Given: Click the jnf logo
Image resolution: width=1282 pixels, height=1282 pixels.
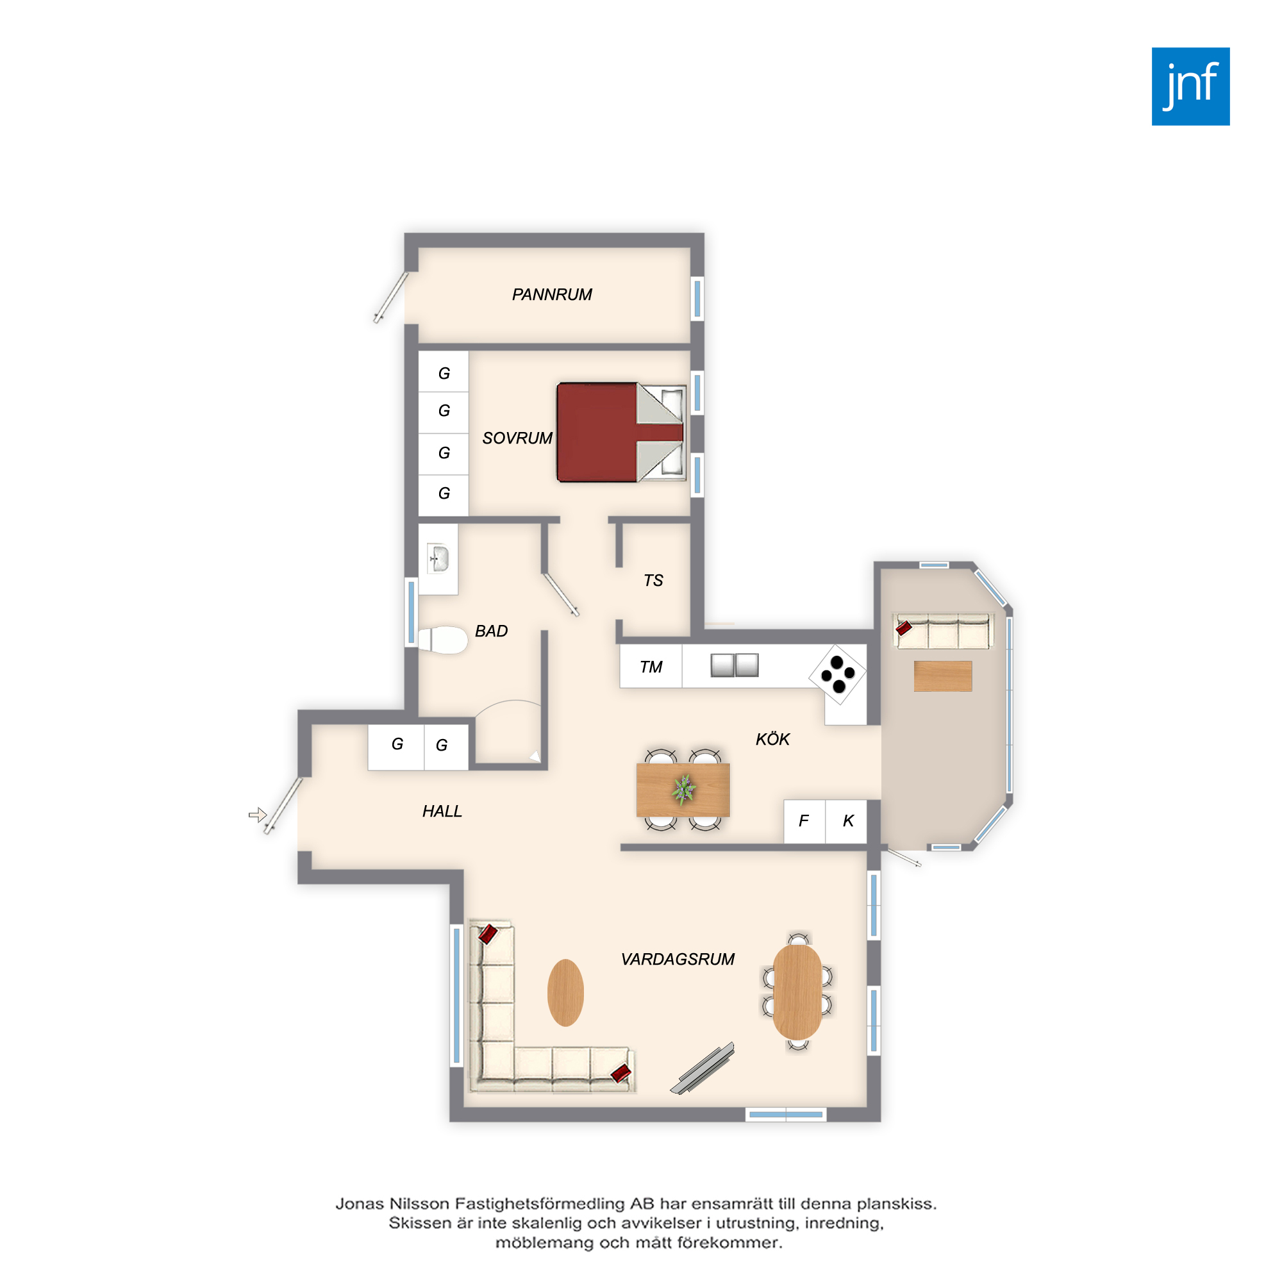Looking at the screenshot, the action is (x=1190, y=87).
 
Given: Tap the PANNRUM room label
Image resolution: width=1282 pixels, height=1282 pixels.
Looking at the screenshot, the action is (x=552, y=295).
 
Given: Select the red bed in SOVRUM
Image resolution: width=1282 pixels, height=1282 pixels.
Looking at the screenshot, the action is (x=621, y=432).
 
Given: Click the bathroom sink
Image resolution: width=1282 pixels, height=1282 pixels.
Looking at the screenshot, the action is (x=438, y=559).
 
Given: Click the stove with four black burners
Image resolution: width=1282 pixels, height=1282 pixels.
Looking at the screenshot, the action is (x=837, y=674).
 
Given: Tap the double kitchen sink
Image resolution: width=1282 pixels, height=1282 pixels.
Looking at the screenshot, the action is (x=735, y=665).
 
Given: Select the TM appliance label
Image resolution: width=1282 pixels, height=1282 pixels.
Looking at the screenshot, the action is (x=651, y=667).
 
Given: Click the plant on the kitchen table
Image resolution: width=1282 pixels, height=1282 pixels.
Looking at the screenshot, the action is (x=683, y=790).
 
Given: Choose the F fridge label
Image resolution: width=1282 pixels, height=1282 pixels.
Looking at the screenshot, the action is (x=804, y=822).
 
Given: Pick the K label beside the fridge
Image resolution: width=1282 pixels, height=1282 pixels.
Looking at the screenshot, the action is (x=848, y=822).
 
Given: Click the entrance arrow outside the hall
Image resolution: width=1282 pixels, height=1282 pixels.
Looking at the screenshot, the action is (x=258, y=815).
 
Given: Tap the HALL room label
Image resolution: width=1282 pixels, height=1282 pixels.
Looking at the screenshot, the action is (x=442, y=812).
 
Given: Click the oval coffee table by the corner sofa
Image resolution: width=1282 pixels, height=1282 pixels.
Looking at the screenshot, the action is (x=565, y=993).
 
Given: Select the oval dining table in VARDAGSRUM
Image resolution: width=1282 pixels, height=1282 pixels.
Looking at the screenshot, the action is (x=797, y=992).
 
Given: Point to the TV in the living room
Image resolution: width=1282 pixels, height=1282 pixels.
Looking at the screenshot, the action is (x=703, y=1068).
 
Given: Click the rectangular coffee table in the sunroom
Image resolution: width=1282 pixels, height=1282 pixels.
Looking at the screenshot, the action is (x=943, y=676).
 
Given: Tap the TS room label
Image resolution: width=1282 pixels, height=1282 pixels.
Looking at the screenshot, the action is (x=653, y=581).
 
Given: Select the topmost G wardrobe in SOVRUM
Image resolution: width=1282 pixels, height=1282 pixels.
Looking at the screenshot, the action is (x=444, y=372).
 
